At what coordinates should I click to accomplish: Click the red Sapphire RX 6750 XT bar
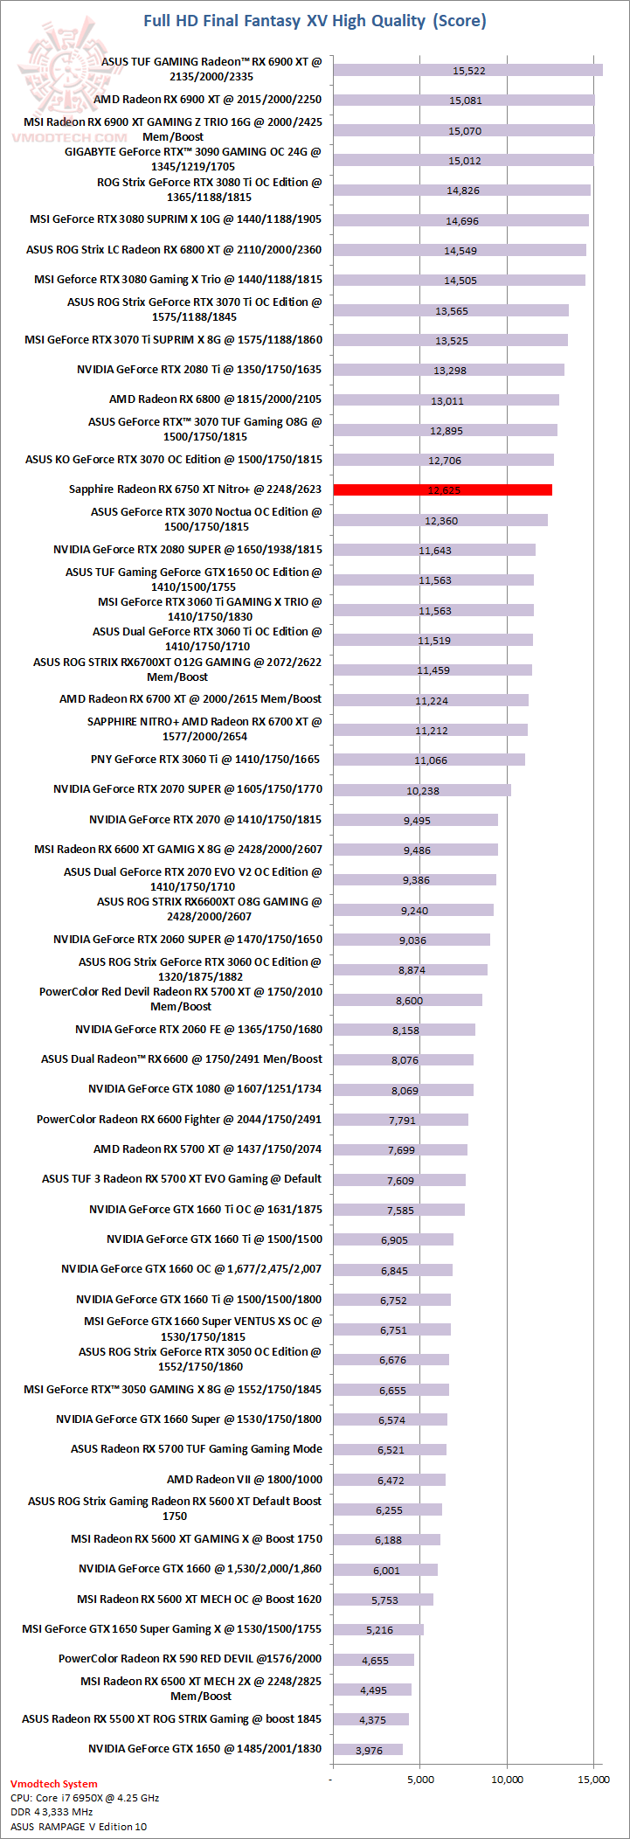pos(442,489)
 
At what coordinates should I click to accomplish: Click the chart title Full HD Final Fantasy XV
pos(315,20)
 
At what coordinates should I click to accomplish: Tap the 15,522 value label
pos(469,71)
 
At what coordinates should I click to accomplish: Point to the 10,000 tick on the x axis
pos(507,1779)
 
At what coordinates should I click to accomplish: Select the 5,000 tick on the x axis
pos(420,1779)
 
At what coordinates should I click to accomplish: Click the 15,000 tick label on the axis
pos(594,1779)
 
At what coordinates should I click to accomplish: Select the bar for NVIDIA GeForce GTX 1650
pos(368,1749)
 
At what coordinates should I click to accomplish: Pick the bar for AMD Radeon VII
pos(390,1480)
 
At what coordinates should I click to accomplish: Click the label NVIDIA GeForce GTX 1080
pos(204,1089)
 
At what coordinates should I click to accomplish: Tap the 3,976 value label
pos(369,1750)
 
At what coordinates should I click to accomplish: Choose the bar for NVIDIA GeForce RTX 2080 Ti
pos(448,370)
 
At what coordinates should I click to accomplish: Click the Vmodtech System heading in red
pos(54,1784)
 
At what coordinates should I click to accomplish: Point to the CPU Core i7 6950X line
pos(85,1798)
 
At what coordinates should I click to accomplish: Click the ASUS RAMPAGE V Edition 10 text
pos(79,1827)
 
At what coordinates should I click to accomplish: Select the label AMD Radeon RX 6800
pos(215,399)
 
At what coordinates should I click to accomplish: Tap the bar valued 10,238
pos(422,790)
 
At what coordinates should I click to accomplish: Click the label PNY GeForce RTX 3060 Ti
pos(205,760)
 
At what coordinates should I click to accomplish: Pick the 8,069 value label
pos(405,1090)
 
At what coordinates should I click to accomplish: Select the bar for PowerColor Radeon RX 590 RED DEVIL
pos(374,1660)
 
